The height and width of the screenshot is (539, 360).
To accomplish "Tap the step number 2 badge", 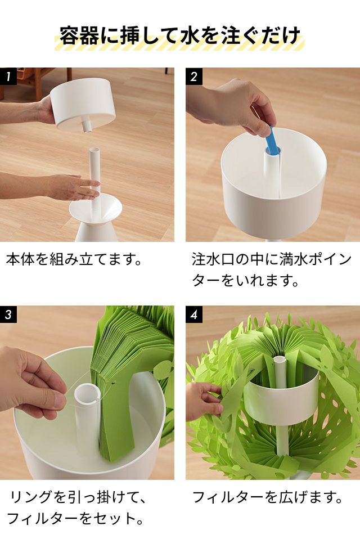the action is (194, 77).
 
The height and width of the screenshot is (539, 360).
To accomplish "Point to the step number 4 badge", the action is (194, 314).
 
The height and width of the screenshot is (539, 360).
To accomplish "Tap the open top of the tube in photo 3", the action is (87, 394).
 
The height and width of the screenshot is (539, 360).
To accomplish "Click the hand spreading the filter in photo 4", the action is (204, 402).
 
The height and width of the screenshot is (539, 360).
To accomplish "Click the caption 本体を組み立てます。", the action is (74, 259).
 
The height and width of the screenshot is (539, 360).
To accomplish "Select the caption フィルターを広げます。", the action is (268, 497).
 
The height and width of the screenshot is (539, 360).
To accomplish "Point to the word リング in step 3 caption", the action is (31, 497).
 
